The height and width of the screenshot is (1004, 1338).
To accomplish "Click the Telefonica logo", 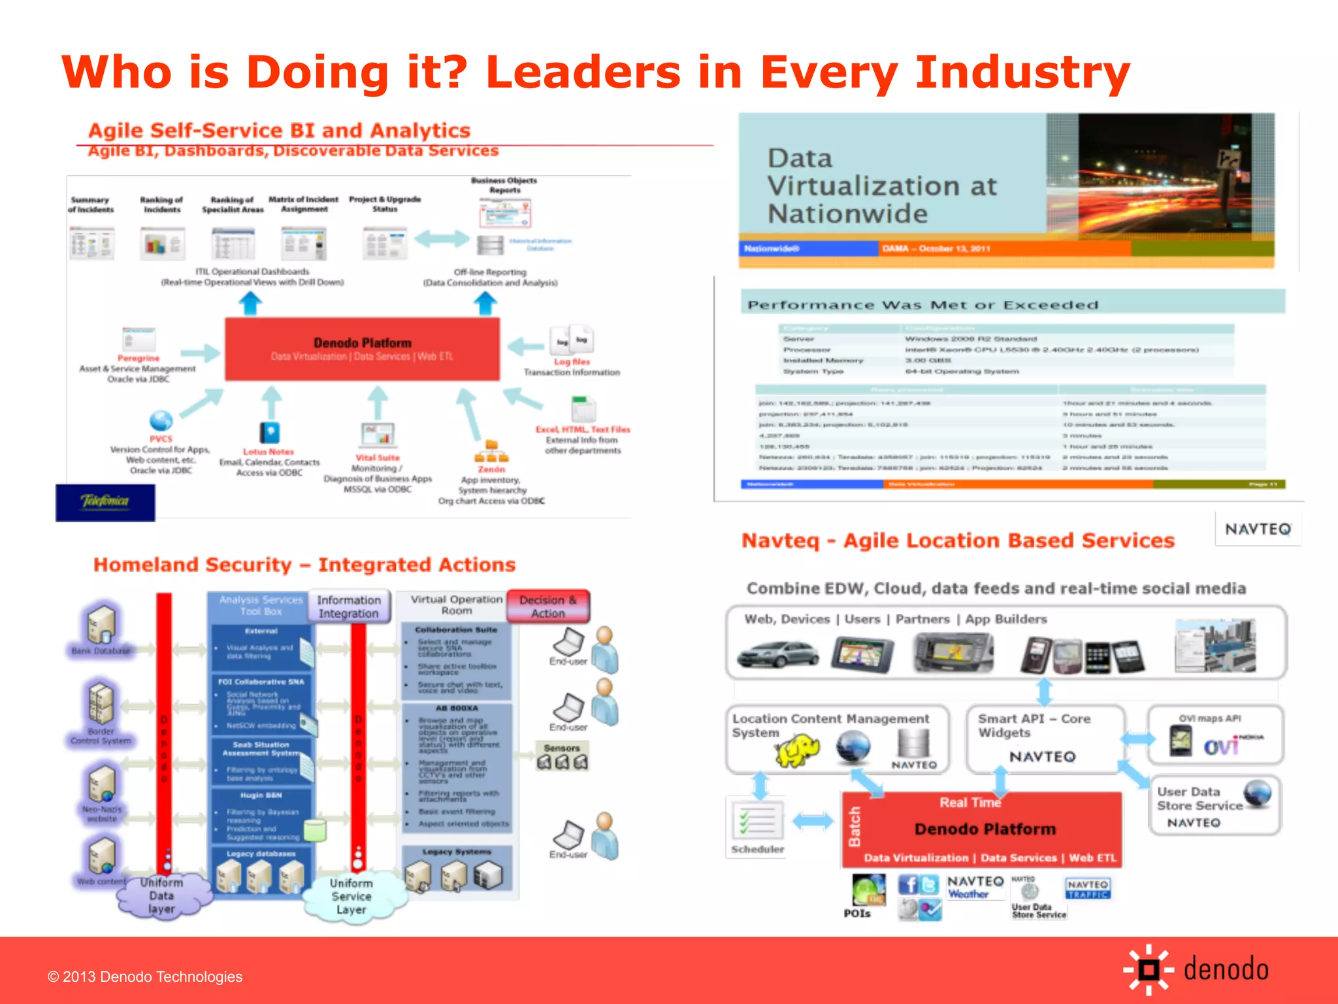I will point(105,502).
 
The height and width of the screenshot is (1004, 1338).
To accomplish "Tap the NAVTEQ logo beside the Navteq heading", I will point(1258,529).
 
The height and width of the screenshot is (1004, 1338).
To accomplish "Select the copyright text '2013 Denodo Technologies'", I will point(145,977).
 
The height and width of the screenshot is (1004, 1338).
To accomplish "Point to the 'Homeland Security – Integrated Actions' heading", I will point(304,565).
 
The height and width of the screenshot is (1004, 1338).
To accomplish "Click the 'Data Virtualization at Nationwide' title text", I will point(881,186).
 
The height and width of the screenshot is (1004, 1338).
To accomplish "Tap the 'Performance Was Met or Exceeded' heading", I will point(922,305).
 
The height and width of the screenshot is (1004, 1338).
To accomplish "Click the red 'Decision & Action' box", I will point(548,607).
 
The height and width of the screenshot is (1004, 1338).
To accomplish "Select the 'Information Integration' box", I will point(349,607).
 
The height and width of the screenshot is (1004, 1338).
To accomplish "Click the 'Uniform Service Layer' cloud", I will point(351,897).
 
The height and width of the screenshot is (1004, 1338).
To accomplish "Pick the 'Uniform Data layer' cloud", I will point(161,895).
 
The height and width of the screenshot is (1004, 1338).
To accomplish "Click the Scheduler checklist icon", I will point(757,821).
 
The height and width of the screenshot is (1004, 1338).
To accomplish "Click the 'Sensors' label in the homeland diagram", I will point(562,748).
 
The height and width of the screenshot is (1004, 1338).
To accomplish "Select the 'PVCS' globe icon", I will point(161,420).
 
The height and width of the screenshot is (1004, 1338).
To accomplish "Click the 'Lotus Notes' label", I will point(269,452).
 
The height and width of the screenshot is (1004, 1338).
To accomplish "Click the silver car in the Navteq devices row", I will point(777,654).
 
